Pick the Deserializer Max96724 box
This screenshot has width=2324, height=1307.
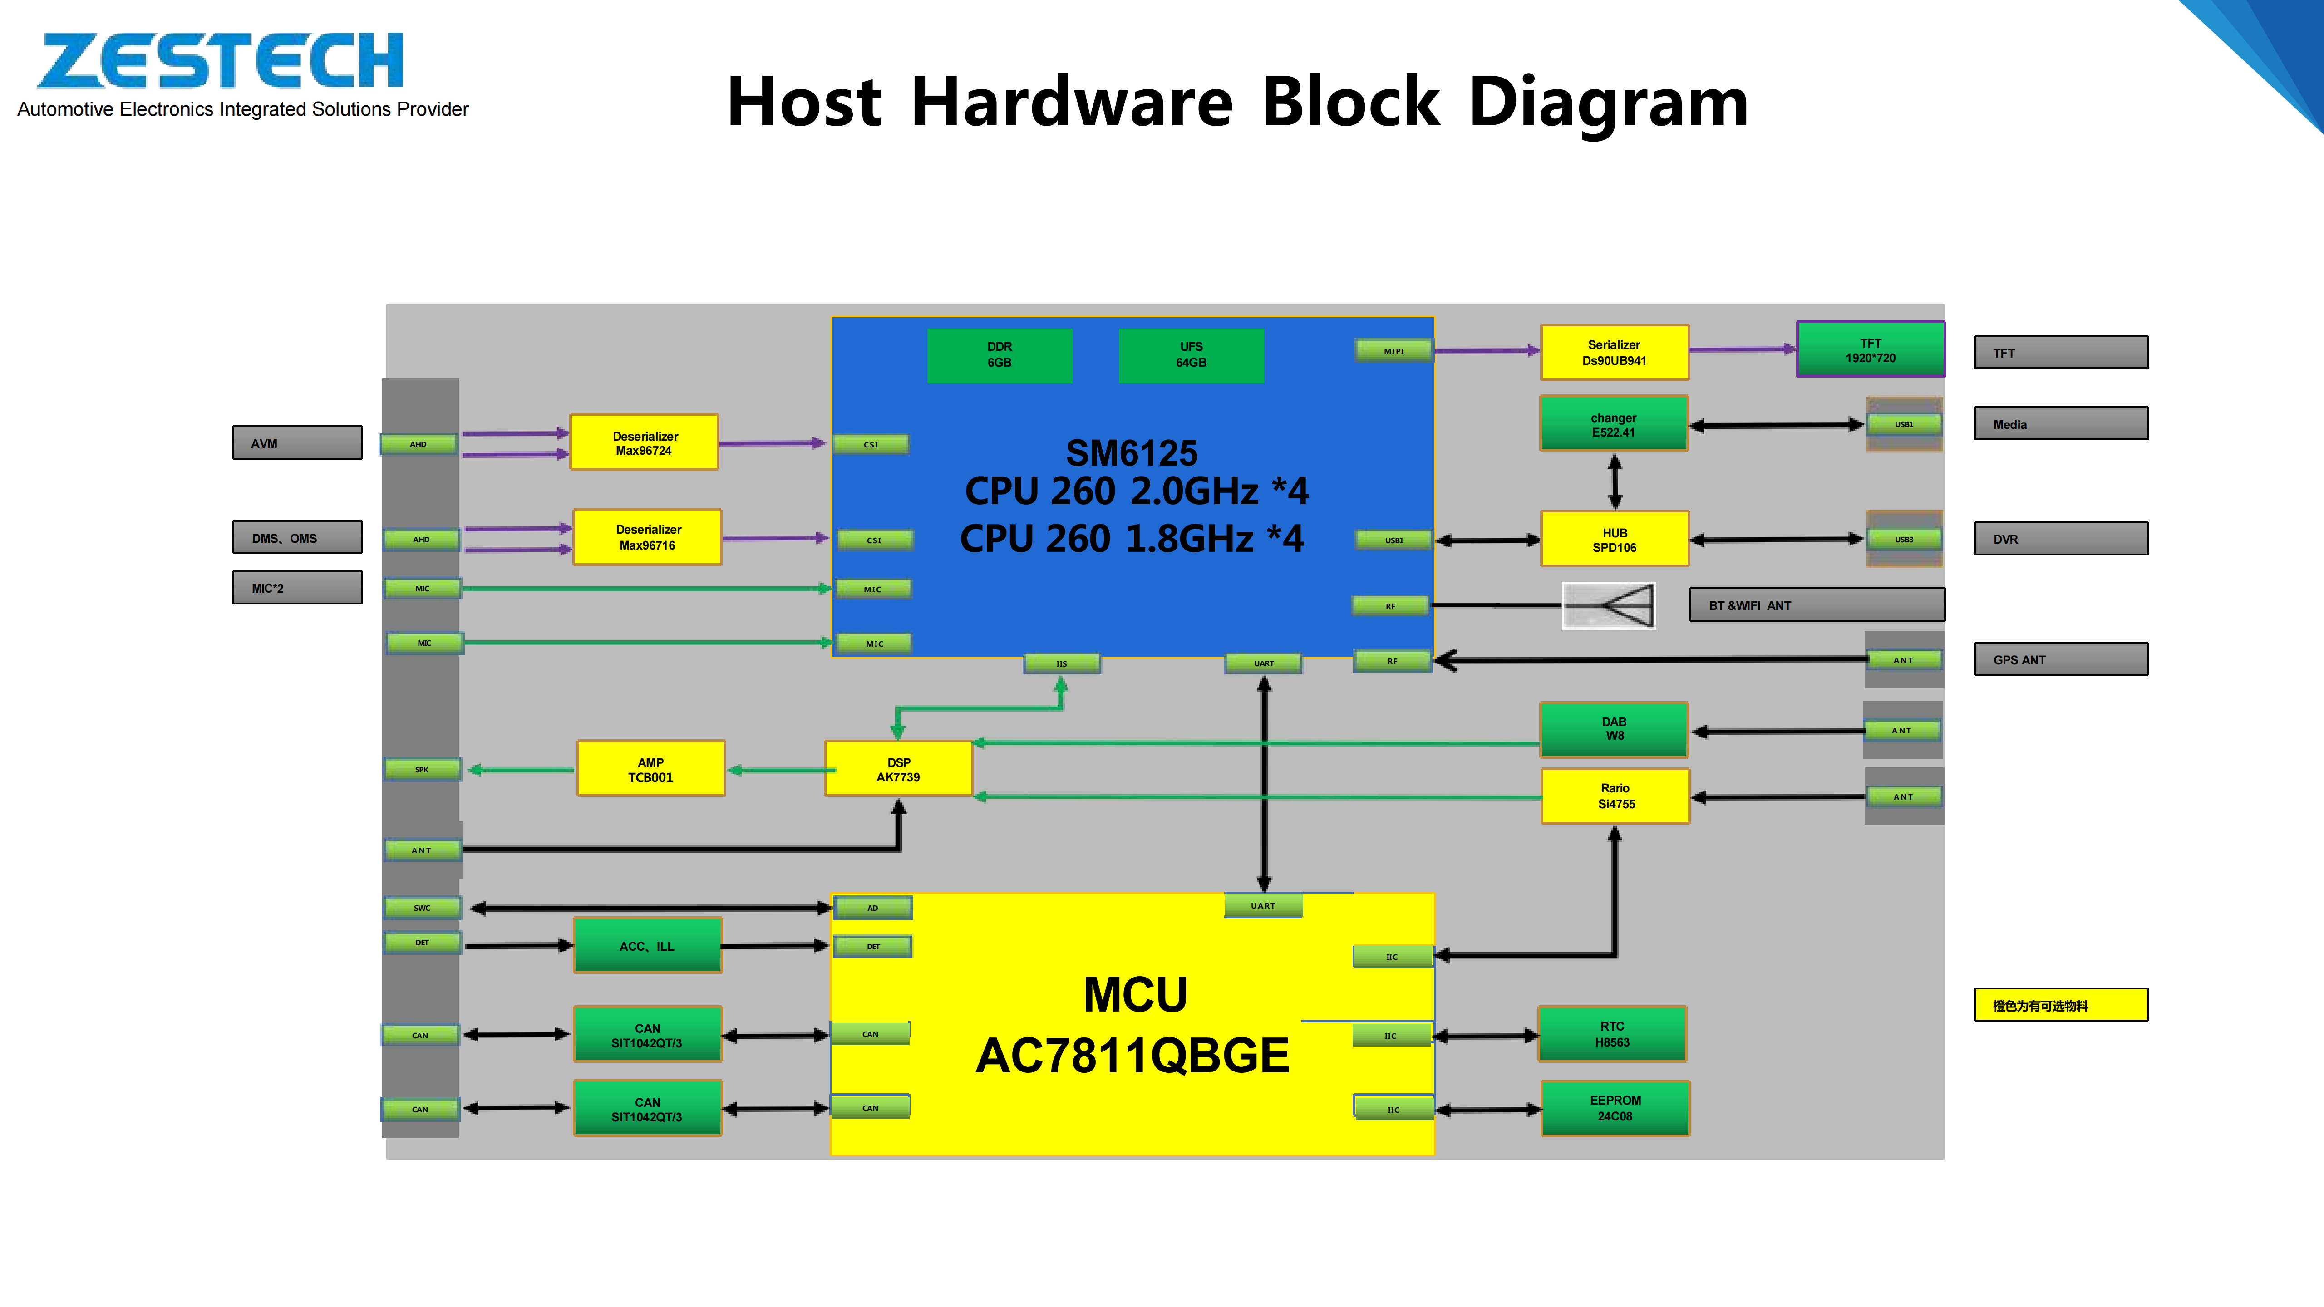[644, 443]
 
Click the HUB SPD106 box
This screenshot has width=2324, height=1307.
[1614, 540]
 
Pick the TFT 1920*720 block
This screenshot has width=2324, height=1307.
[1870, 350]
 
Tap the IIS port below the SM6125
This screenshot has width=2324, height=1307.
[1062, 664]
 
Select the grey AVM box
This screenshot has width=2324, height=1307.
[298, 443]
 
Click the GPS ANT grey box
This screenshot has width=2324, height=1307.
[2061, 659]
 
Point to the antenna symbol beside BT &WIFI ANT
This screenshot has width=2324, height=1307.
[1609, 605]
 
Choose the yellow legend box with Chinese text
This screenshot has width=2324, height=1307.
[2061, 1005]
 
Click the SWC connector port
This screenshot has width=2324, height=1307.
[422, 908]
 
